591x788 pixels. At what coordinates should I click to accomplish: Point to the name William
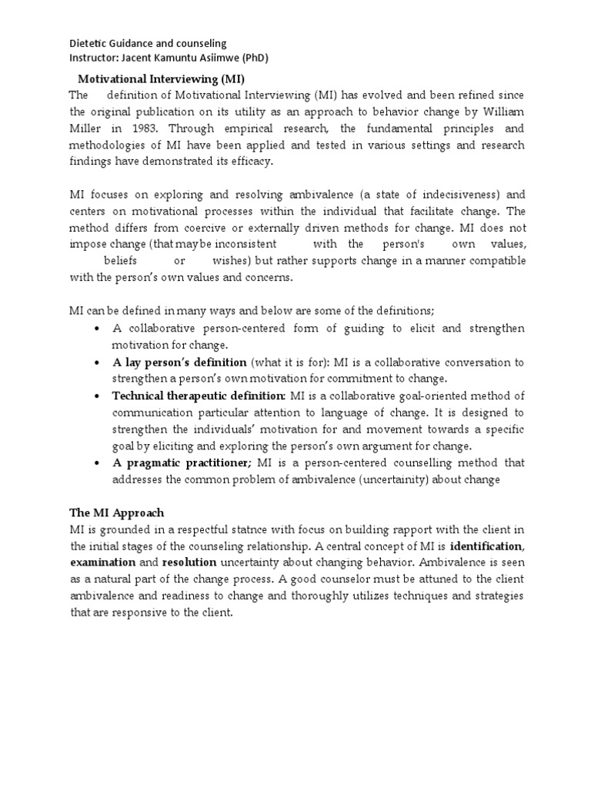pos(502,112)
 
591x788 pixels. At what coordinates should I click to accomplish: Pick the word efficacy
pos(250,162)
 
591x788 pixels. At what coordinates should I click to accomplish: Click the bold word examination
pos(102,563)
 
